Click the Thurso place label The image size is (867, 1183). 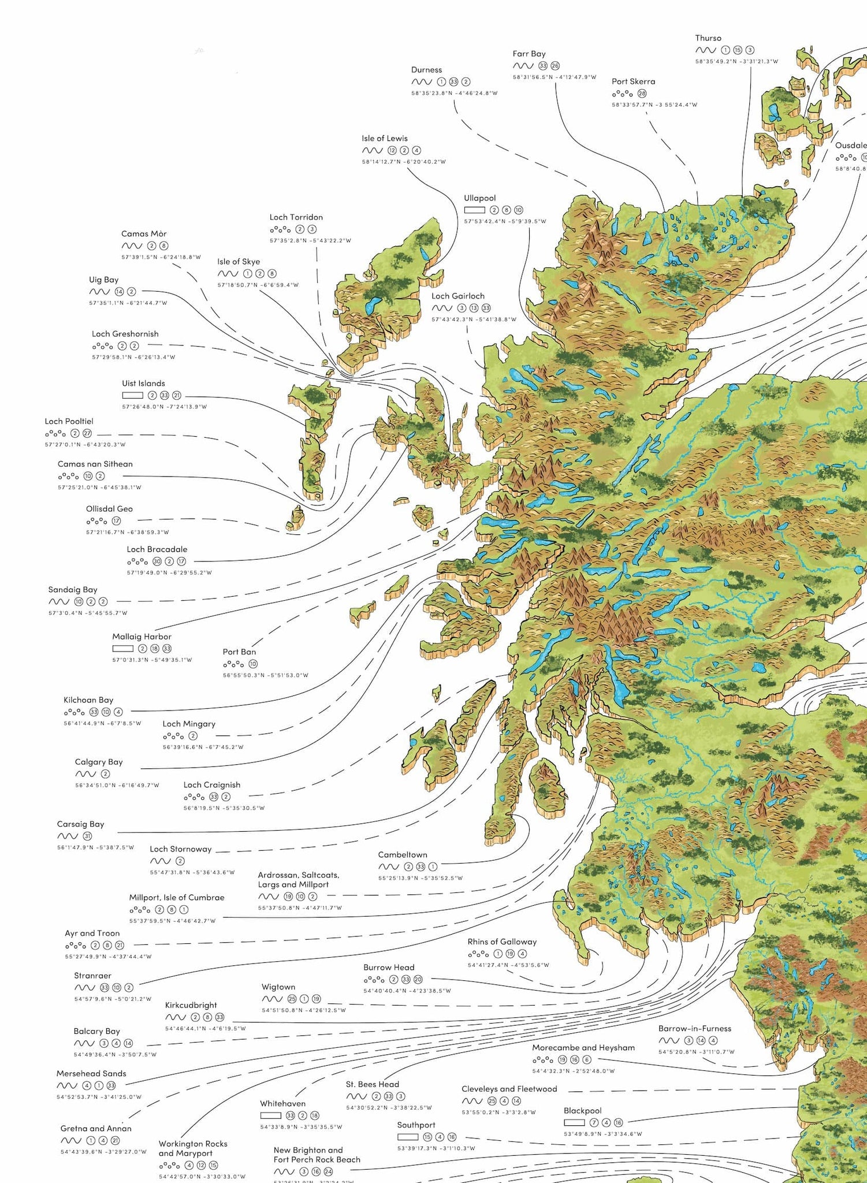(708, 38)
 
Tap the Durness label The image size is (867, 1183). (426, 70)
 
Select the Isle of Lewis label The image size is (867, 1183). (384, 139)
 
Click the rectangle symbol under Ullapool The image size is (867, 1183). (474, 210)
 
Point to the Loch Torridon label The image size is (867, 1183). (296, 217)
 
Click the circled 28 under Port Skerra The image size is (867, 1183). (642, 94)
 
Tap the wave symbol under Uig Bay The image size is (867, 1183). (99, 292)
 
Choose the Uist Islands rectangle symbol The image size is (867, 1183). (132, 396)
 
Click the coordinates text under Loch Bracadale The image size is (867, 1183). (169, 573)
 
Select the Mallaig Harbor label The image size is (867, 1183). (142, 637)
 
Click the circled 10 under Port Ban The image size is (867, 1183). (253, 664)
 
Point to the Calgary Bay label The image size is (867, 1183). (99, 762)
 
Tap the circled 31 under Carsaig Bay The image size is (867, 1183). (87, 836)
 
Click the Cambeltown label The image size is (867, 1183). (403, 854)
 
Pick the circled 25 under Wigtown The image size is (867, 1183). (292, 999)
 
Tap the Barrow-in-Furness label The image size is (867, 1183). (694, 1028)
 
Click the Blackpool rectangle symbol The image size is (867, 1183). (574, 1122)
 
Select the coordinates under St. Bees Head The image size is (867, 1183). (389, 1107)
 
